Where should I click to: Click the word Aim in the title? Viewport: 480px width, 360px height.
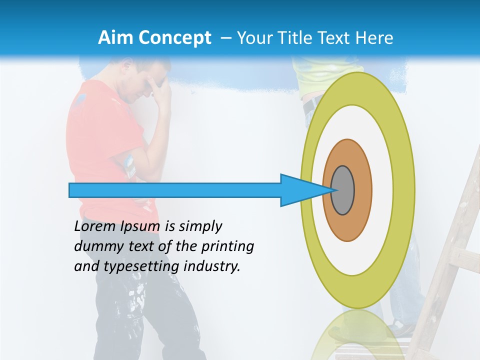coord(116,38)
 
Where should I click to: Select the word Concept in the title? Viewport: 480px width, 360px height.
coord(174,38)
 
